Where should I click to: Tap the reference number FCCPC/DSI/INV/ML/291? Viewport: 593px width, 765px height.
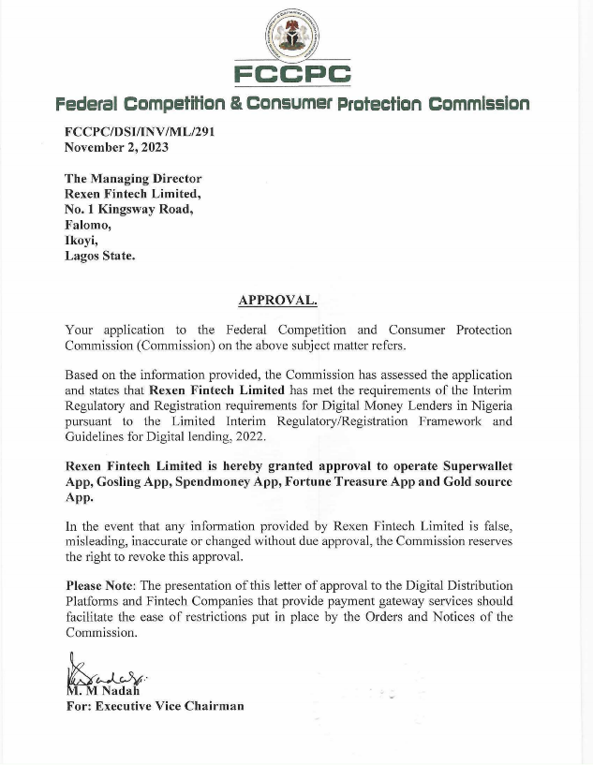click(140, 132)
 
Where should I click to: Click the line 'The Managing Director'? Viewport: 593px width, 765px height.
click(133, 178)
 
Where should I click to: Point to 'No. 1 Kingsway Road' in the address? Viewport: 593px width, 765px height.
click(128, 209)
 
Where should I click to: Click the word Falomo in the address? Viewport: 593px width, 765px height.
click(88, 225)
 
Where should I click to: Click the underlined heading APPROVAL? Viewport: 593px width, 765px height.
click(277, 300)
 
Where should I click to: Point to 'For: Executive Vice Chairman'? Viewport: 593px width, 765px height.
click(155, 706)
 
